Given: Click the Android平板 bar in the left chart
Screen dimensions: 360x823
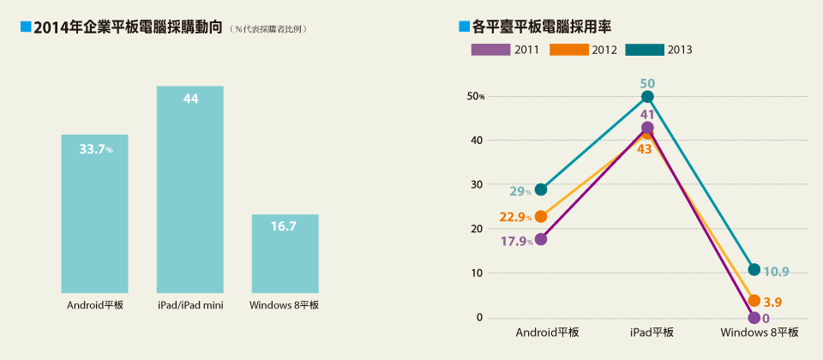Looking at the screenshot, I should click(94, 214).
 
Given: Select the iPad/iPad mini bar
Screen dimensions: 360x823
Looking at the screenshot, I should click(189, 189).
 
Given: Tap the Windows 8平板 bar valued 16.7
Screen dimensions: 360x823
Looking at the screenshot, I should click(285, 254).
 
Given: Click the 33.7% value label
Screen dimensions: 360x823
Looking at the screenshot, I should click(95, 149).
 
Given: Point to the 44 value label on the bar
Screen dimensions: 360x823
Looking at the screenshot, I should click(190, 99).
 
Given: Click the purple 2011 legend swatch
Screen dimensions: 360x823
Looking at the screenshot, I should click(490, 50).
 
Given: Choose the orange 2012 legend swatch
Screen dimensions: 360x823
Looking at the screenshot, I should click(568, 50).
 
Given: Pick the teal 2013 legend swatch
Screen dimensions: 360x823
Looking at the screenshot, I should click(644, 50).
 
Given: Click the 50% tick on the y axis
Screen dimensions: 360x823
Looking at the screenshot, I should click(476, 96).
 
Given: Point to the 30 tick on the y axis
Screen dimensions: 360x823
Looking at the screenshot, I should click(476, 184).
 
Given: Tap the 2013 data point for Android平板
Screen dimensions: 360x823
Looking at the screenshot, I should click(540, 189).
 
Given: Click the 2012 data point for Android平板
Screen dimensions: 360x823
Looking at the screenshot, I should click(540, 216).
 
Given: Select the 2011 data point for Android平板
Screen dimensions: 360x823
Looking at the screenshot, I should click(540, 239).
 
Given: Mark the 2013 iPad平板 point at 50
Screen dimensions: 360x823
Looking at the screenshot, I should click(646, 97).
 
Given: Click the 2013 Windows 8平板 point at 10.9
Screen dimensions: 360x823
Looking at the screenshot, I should click(754, 269).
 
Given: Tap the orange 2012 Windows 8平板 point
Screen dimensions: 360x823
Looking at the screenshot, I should click(754, 300).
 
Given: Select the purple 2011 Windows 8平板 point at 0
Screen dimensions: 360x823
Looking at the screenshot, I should click(754, 317).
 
